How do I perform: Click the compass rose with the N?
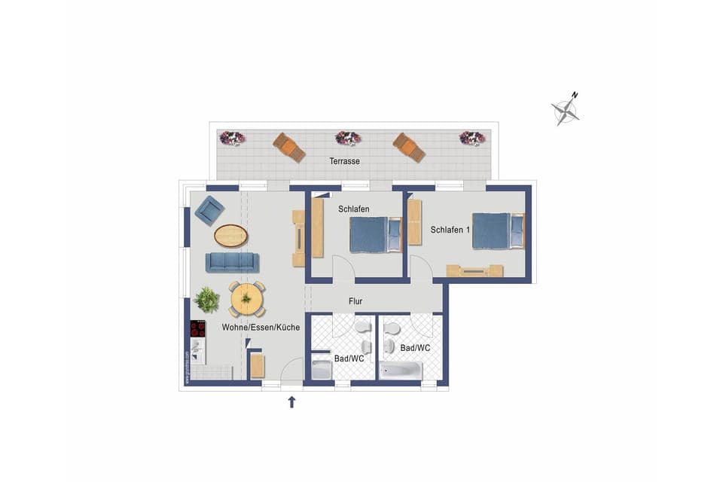tap(565, 111)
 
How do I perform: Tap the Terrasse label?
tap(344, 161)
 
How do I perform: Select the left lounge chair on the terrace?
tap(289, 147)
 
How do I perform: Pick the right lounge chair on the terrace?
tap(409, 147)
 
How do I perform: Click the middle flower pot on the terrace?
tap(348, 138)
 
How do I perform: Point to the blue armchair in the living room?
tap(209, 210)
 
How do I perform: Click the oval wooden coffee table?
tap(230, 236)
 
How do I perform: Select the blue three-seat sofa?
tap(232, 262)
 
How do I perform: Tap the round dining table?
tap(246, 299)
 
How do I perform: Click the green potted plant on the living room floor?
tap(206, 300)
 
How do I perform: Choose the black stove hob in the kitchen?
tap(198, 328)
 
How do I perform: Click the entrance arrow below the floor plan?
tap(292, 402)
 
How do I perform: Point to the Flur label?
tap(355, 301)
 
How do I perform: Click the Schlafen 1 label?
tap(449, 229)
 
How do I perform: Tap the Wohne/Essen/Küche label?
tap(261, 328)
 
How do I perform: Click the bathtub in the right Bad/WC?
tap(401, 371)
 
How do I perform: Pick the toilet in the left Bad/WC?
tap(363, 327)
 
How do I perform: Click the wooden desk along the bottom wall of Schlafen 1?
tap(474, 270)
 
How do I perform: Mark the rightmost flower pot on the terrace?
tap(472, 138)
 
